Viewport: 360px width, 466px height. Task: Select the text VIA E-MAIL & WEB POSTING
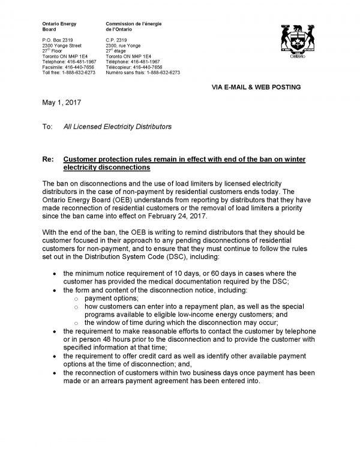pos(256,87)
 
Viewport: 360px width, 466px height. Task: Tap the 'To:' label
pos(47,127)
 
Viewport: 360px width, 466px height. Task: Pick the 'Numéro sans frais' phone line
pos(147,71)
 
